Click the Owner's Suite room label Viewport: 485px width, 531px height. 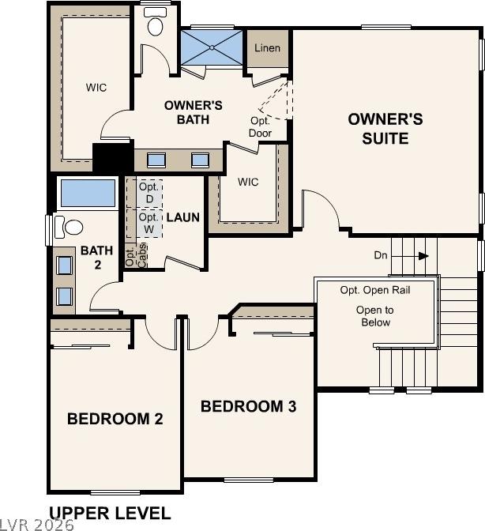[385, 129]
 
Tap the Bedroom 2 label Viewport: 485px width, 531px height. [115, 419]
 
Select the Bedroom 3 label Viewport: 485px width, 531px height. [248, 406]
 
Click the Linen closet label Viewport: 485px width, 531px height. [267, 48]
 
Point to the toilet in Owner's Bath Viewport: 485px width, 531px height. [155, 21]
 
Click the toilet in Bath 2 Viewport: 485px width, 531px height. [69, 227]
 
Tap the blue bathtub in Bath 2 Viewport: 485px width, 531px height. [88, 193]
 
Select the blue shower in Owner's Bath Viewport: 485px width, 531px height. [212, 47]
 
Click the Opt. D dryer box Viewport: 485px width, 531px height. [149, 194]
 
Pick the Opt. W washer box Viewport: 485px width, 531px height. [149, 224]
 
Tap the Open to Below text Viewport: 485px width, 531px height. [375, 316]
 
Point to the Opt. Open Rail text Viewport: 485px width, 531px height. [375, 290]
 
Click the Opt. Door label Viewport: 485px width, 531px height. [260, 127]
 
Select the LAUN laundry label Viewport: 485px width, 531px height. [182, 217]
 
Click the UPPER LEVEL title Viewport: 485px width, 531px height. [110, 514]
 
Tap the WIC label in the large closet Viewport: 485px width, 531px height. [96, 88]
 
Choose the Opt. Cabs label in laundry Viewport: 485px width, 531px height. [136, 254]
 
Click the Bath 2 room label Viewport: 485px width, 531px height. [97, 258]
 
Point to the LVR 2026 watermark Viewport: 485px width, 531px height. [36, 525]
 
